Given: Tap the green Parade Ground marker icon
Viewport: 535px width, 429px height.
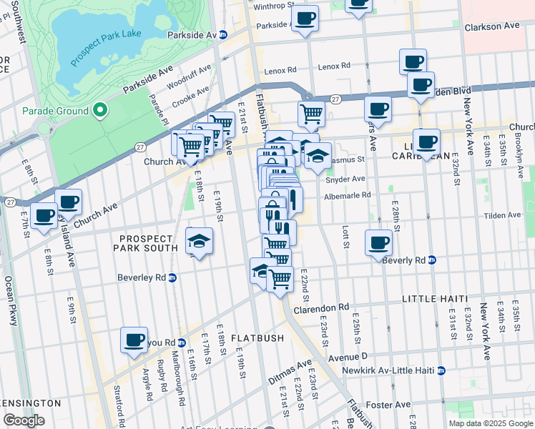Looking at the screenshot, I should pos(100,111).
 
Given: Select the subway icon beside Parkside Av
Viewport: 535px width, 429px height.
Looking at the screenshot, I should pos(223,34).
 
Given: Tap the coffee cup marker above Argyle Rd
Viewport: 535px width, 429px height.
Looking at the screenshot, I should pos(134,340).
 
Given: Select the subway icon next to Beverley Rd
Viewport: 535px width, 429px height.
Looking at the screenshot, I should pos(172,277).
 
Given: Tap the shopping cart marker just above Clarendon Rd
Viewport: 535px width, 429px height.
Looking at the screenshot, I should pos(280,280).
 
